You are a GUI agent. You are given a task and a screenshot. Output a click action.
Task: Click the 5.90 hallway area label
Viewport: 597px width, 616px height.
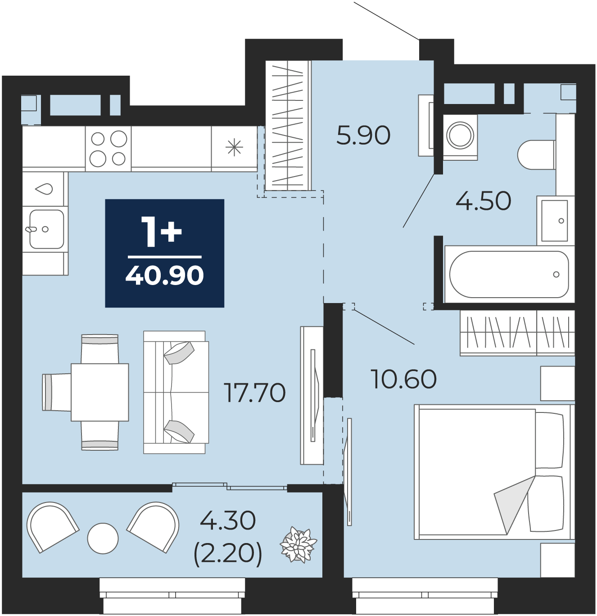tap(363, 135)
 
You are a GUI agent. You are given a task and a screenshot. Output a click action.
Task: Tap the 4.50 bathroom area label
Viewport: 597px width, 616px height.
tap(484, 201)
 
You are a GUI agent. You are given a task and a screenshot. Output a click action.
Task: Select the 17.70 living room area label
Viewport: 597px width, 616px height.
tap(254, 393)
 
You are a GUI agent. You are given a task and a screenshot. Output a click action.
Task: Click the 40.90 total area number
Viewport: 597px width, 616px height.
tap(165, 276)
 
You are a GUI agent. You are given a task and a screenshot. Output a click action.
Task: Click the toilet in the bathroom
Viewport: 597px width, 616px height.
tap(537, 155)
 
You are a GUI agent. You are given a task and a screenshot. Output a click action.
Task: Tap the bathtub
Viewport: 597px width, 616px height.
tap(509, 274)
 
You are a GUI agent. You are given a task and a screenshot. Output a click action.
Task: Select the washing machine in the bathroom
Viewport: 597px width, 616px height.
tap(460, 137)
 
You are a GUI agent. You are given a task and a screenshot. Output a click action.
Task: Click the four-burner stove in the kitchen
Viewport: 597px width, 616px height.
tap(108, 149)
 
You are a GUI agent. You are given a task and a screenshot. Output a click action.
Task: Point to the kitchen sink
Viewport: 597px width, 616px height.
tap(46, 229)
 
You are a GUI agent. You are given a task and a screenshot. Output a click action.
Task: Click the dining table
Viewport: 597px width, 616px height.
tap(99, 392)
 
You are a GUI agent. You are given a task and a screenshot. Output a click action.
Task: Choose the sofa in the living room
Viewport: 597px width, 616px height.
tap(176, 392)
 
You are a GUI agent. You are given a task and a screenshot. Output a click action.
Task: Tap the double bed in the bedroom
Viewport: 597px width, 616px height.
tap(494, 472)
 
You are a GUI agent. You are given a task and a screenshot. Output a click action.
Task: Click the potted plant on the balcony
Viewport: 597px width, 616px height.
tap(298, 545)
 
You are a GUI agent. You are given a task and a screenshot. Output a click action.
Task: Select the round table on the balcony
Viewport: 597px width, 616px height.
tap(103, 539)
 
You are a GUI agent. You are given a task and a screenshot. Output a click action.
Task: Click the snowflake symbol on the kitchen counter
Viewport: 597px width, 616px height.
tap(234, 148)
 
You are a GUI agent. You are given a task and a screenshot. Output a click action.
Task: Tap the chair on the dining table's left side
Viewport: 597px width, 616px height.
tap(56, 392)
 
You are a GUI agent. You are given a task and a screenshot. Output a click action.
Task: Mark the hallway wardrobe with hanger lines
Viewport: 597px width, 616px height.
tap(289, 125)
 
